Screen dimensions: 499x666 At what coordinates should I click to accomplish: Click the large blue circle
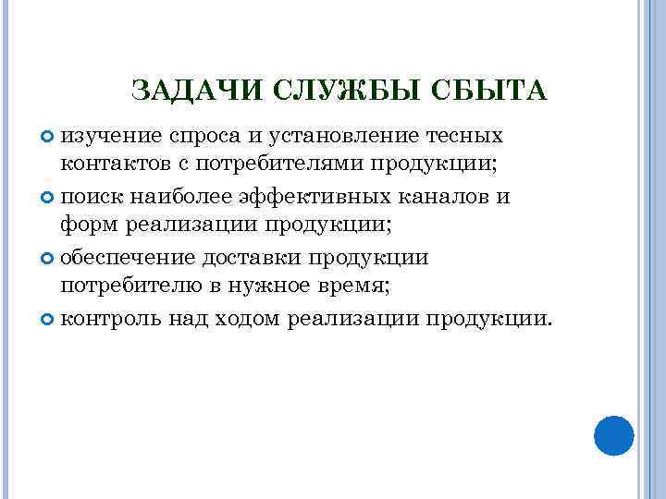pos(612,434)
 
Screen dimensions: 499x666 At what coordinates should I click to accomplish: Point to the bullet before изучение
pos(49,137)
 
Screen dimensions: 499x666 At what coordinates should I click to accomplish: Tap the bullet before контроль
pos(49,318)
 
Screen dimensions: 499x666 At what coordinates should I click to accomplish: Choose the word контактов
pos(112,166)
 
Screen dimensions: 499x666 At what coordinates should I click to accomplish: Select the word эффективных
pos(301,197)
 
